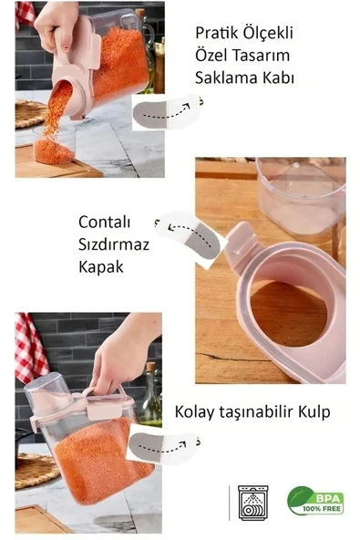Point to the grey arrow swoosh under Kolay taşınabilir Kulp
[x=161, y=448]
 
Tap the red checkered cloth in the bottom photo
[x=30, y=347]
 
